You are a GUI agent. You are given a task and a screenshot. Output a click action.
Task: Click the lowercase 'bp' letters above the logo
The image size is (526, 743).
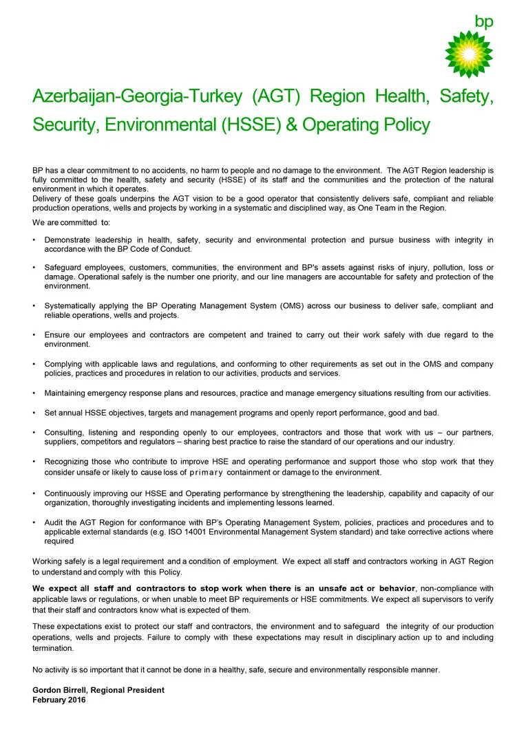pos(484,21)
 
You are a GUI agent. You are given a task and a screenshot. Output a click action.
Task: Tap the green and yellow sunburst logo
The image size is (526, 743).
pos(469,54)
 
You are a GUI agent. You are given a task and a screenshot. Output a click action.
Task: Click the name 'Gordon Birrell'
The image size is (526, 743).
pos(63,690)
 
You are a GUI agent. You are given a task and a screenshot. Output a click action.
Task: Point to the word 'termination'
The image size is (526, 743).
pos(53,648)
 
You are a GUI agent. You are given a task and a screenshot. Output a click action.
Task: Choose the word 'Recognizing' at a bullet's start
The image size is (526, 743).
pos(67,462)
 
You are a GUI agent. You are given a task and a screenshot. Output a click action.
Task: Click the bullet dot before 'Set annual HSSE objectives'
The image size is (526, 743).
pos(34,413)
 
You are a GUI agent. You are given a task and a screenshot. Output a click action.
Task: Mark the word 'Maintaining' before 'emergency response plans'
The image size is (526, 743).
pos(66,394)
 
